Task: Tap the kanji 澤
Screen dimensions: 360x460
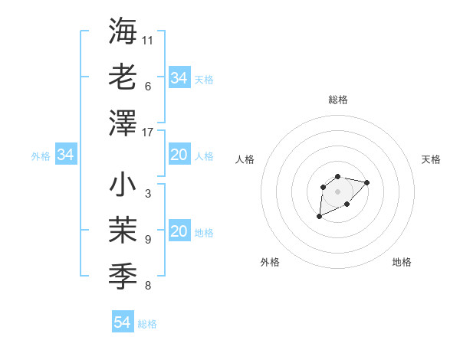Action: [x=123, y=123]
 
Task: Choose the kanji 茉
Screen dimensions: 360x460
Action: [x=123, y=231]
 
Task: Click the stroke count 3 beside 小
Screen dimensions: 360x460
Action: [x=147, y=194]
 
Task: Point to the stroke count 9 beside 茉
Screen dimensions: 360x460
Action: [x=147, y=240]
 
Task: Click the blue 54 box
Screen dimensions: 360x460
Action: [x=122, y=322]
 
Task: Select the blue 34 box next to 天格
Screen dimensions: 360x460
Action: [x=179, y=77]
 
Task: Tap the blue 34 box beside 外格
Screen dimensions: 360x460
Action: [x=66, y=155]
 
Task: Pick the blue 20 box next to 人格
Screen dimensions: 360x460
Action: [x=179, y=155]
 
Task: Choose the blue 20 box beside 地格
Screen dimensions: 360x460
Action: [x=179, y=231]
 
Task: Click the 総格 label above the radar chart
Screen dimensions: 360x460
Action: [x=337, y=100]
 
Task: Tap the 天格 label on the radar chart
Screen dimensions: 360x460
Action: [x=431, y=159]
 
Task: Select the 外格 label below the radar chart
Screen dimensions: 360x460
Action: [x=270, y=262]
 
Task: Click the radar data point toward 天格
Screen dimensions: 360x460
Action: [x=367, y=182]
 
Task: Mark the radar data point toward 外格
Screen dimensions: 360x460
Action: [x=319, y=217]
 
